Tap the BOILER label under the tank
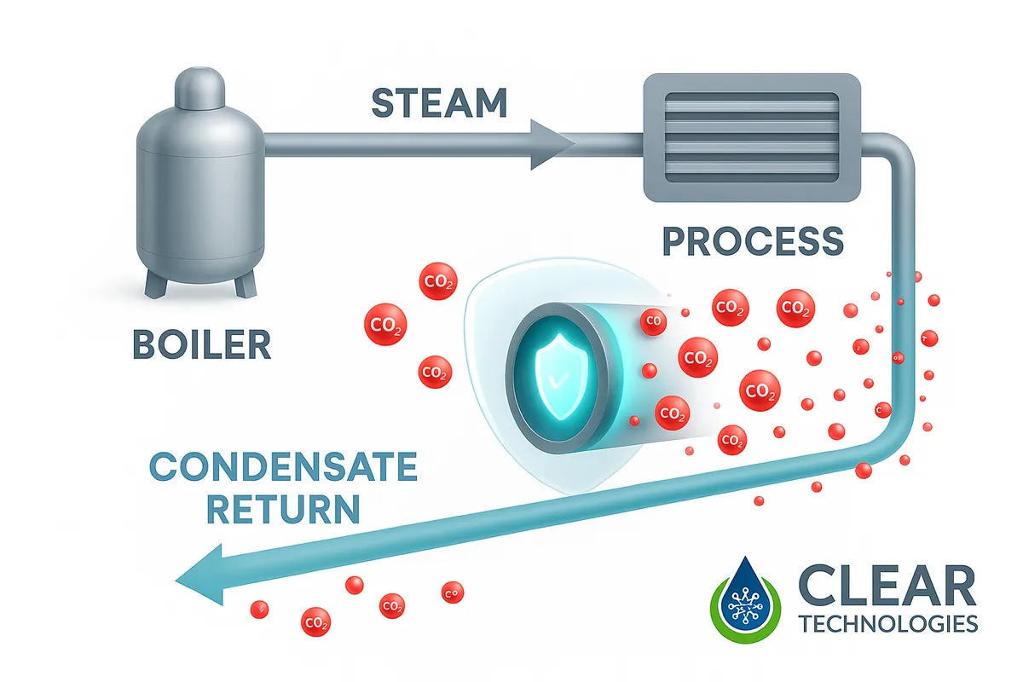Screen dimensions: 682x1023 coord(201,345)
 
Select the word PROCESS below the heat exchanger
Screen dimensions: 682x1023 coord(753,241)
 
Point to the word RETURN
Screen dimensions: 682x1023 coord(283,510)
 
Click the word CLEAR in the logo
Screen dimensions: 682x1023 coord(887,588)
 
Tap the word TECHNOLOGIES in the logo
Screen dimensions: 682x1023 coord(888,625)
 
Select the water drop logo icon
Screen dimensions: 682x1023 coord(745,600)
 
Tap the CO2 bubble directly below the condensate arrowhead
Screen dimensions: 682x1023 coord(316,621)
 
